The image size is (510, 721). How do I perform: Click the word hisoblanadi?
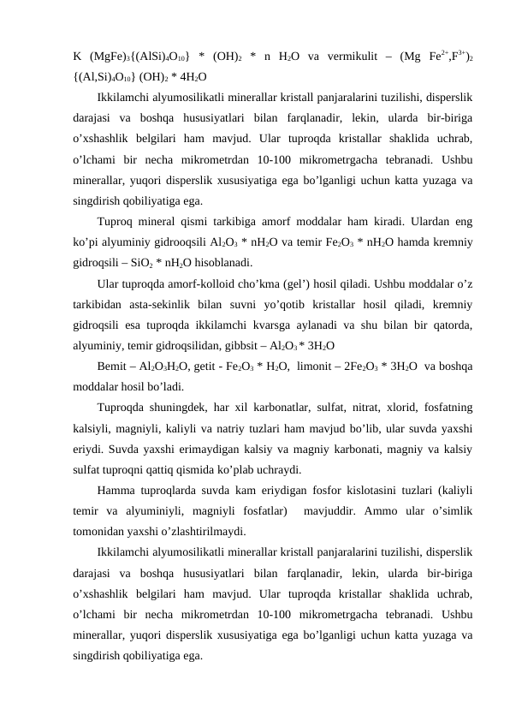pos(224,262)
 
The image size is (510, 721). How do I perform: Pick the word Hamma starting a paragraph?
pos(118,492)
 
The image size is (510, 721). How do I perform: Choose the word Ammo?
pos(370,513)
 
